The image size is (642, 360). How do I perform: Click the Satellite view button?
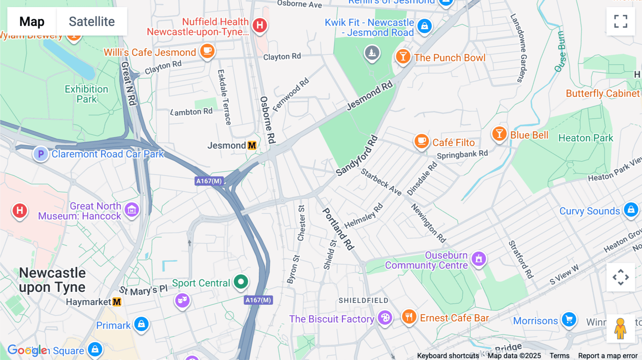(x=92, y=21)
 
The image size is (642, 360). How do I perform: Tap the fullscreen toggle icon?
(x=621, y=21)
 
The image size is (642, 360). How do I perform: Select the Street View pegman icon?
(x=620, y=328)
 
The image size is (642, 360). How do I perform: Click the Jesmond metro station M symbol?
(x=252, y=145)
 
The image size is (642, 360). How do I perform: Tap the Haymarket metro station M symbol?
(x=117, y=302)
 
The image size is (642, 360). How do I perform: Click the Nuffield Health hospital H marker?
(x=260, y=25)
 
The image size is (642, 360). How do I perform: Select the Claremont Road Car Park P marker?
(x=41, y=154)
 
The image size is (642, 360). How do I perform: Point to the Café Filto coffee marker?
(x=421, y=141)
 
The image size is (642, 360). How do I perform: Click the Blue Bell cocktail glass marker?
(x=499, y=134)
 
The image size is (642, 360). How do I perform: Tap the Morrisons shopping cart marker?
(x=569, y=319)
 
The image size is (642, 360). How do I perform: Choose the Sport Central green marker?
(x=241, y=282)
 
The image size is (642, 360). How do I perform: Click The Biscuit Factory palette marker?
(x=385, y=317)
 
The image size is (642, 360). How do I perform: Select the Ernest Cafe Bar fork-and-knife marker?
(x=409, y=317)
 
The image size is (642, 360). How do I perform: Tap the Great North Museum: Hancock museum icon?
(x=132, y=210)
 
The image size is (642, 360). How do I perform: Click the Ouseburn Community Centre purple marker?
(x=479, y=259)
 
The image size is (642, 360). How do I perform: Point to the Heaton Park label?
(x=586, y=138)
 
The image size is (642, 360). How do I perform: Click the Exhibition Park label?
(x=86, y=94)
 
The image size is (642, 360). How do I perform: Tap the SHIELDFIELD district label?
(x=363, y=300)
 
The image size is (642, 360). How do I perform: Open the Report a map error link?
(x=608, y=356)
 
